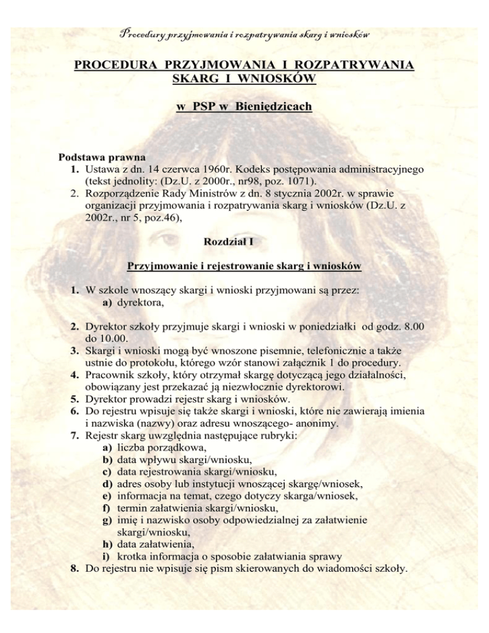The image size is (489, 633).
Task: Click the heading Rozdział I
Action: coord(244,242)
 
